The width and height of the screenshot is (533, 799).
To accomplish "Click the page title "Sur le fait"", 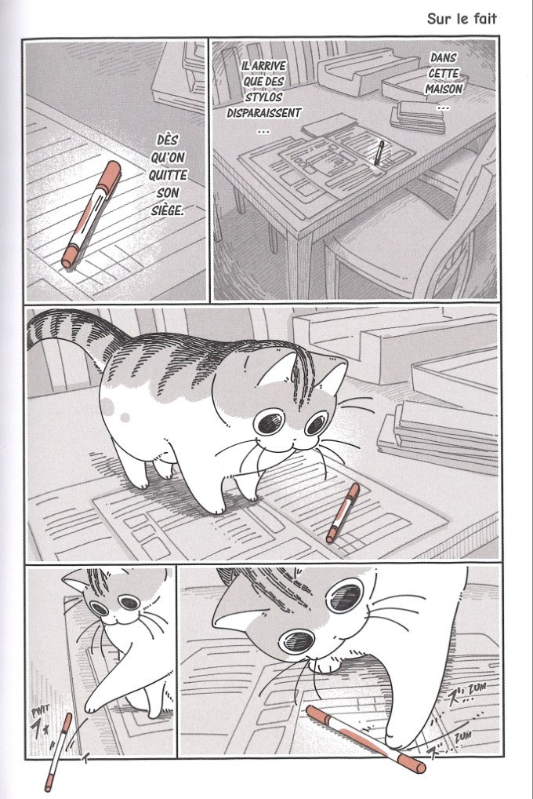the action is [x=461, y=20].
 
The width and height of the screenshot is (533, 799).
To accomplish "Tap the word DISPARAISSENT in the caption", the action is [x=263, y=112].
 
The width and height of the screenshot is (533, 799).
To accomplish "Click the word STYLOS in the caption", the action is [x=263, y=97].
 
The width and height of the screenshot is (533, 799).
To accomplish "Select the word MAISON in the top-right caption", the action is [x=444, y=89].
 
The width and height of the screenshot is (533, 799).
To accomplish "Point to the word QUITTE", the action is [x=168, y=175].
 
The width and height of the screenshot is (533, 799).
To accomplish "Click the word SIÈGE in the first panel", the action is [x=167, y=210].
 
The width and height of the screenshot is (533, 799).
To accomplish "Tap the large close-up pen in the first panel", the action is [x=91, y=214].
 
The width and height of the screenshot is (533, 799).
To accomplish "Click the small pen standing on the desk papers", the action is [x=379, y=153].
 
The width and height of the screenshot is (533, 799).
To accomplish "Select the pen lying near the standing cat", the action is [x=343, y=513].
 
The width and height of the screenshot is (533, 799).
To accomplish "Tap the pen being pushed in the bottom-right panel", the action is [x=365, y=739].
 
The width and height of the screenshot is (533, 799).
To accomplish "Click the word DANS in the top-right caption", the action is [x=443, y=57].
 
